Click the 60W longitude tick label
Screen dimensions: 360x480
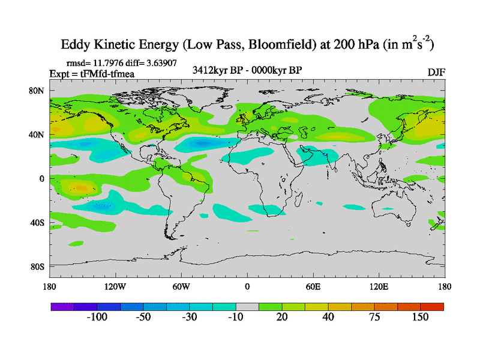coord(181,286)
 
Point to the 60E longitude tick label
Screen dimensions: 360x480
coord(313,286)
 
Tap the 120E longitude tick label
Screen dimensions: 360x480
coord(379,286)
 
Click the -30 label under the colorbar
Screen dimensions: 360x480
coord(190,317)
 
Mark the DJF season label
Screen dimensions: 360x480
coord(436,72)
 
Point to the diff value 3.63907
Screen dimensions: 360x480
coord(159,62)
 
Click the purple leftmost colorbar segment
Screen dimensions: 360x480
coord(62,307)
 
